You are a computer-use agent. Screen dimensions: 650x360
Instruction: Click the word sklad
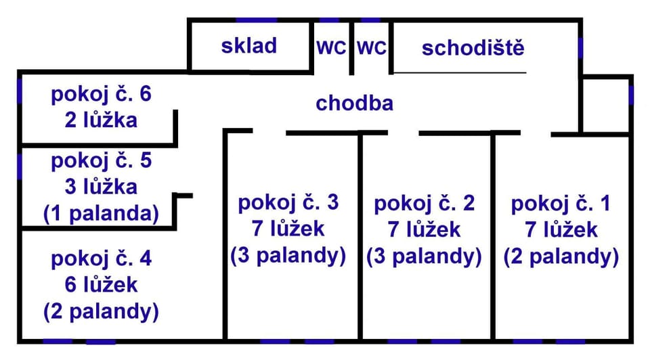click(248, 45)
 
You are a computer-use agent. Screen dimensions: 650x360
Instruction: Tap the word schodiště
click(473, 47)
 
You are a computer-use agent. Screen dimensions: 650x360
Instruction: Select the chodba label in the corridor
click(354, 103)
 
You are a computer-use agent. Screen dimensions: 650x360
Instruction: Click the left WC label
click(331, 47)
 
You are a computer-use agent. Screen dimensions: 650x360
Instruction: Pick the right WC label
click(372, 47)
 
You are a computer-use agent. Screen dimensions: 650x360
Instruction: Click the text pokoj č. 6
click(101, 94)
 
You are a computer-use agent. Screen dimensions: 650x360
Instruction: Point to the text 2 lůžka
click(101, 120)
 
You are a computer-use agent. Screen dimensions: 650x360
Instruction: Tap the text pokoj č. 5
click(101, 161)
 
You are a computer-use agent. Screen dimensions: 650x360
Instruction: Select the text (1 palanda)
click(101, 214)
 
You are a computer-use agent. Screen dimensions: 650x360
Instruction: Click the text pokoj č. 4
click(101, 259)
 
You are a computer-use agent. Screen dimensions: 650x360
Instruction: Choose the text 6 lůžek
click(101, 285)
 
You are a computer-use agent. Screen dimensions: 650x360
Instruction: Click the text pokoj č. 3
click(288, 202)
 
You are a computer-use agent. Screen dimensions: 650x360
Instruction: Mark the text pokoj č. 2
click(424, 204)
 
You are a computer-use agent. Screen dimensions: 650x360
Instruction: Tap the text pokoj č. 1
click(561, 204)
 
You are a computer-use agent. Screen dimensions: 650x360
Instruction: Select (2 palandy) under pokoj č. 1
click(561, 256)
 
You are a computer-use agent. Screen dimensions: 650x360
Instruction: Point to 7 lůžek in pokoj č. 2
click(424, 229)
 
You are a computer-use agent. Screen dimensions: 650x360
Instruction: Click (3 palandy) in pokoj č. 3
click(288, 255)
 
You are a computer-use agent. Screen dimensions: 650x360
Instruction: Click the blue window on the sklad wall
click(256, 20)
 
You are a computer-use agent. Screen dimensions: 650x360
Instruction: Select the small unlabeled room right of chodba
click(605, 105)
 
